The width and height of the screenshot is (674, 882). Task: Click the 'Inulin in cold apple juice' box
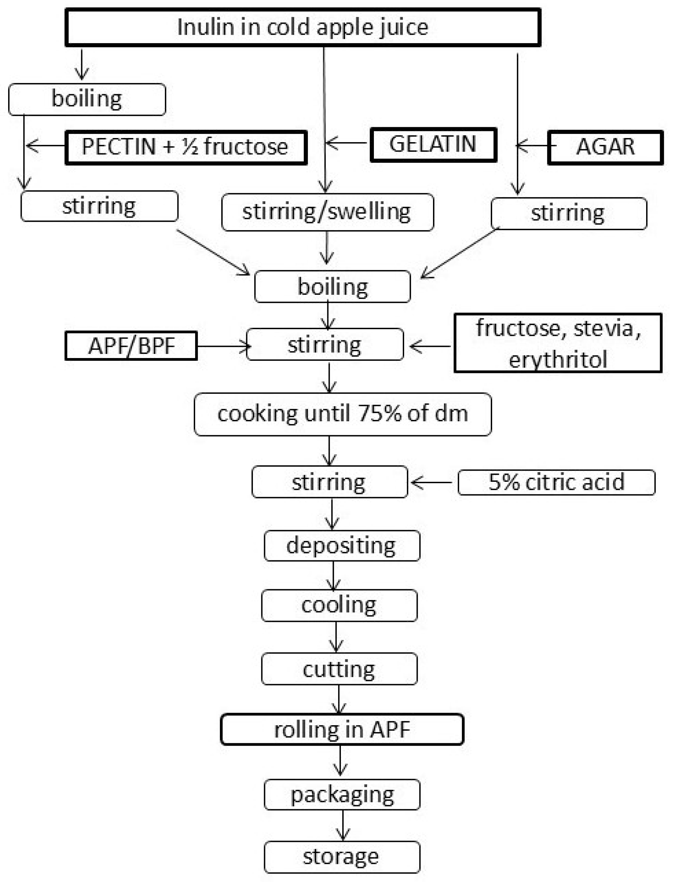[303, 27]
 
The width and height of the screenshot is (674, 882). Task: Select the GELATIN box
[433, 145]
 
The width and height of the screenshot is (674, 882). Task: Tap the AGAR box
[605, 147]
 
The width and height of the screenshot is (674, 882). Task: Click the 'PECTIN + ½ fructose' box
[186, 147]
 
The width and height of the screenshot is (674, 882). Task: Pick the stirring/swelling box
[327, 212]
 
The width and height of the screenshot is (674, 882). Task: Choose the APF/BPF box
[131, 346]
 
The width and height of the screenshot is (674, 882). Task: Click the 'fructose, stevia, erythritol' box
[558, 343]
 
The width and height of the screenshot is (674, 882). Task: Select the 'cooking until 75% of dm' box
[343, 414]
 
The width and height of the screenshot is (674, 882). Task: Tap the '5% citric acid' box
[556, 482]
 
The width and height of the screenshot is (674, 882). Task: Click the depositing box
[342, 546]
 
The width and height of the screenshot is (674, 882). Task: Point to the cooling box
[339, 605]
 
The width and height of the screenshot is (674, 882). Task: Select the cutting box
[339, 669]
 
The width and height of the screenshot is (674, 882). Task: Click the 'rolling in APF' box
[342, 729]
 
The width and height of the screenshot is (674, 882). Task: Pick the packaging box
[342, 795]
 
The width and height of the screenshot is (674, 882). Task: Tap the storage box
[342, 857]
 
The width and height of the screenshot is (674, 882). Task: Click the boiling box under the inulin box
[87, 99]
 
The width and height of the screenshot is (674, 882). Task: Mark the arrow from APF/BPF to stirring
[223, 346]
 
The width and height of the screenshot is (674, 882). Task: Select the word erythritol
[558, 359]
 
